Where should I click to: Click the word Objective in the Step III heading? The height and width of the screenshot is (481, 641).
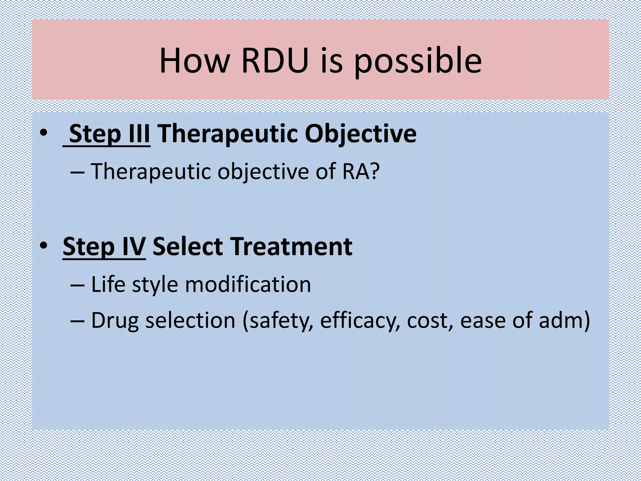click(361, 134)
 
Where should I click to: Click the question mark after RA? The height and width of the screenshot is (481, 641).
click(375, 171)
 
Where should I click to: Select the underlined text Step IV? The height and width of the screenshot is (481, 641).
click(104, 246)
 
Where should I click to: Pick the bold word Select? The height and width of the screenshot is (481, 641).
click(187, 246)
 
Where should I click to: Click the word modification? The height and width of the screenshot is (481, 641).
click(248, 284)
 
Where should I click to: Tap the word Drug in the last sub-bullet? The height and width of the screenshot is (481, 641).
click(115, 321)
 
